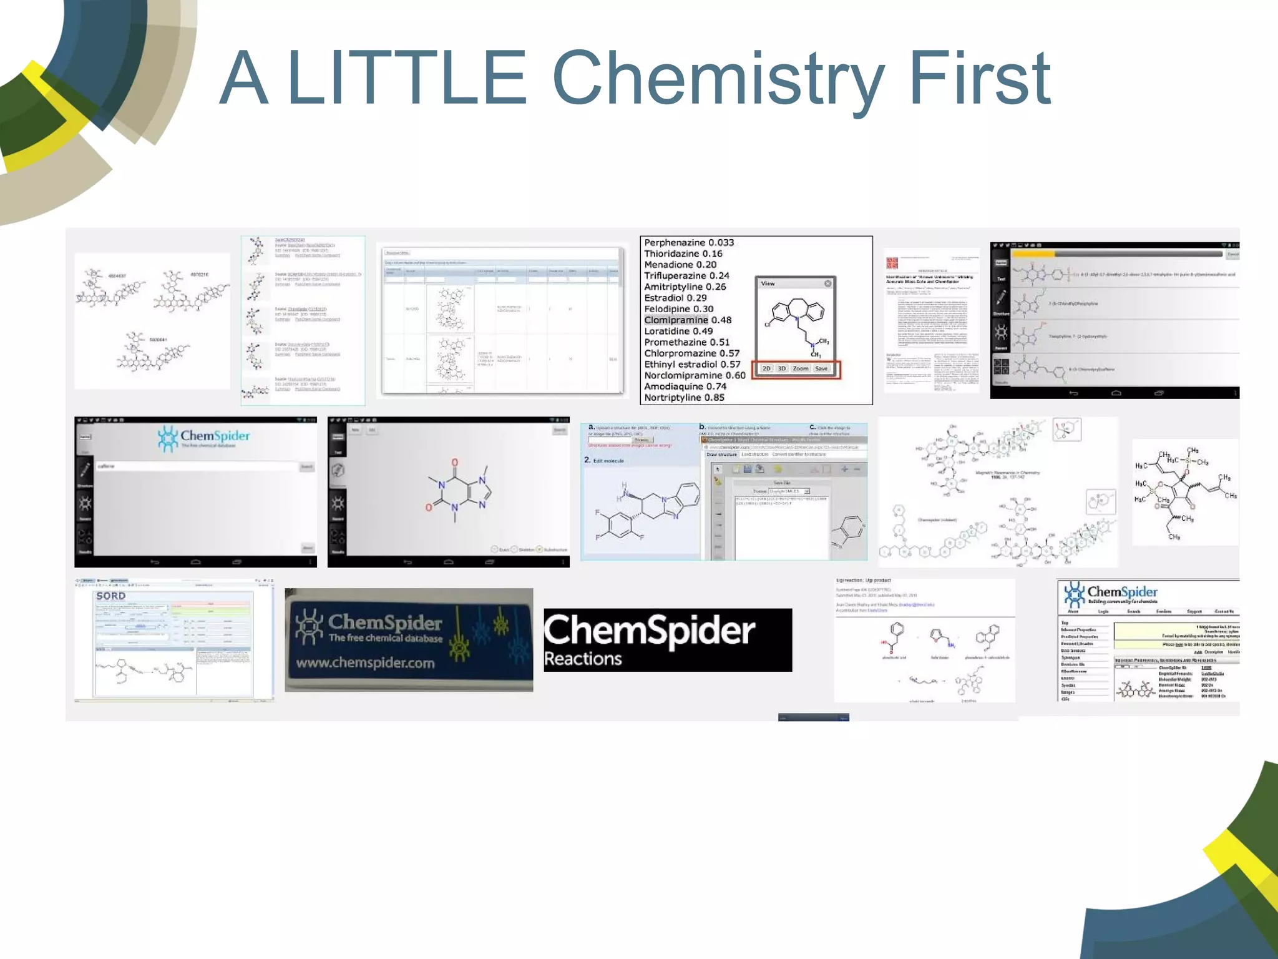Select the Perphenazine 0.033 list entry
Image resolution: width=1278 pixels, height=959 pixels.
pyautogui.click(x=689, y=243)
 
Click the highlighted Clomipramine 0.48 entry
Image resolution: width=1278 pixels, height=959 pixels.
pyautogui.click(x=688, y=320)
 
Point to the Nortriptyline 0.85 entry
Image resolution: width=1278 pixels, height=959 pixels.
pyautogui.click(x=684, y=398)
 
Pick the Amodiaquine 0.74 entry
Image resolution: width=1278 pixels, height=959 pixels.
pyautogui.click(x=685, y=386)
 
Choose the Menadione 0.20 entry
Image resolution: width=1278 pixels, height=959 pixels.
pyautogui.click(x=680, y=265)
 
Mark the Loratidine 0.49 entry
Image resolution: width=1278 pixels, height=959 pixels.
pyautogui.click(x=678, y=332)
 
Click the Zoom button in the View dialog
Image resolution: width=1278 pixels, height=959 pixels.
pyautogui.click(x=800, y=369)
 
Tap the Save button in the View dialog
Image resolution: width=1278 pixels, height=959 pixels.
pyautogui.click(x=821, y=369)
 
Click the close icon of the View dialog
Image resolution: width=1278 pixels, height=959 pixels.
pyautogui.click(x=828, y=283)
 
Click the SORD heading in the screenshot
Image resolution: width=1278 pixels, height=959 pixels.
pyautogui.click(x=111, y=596)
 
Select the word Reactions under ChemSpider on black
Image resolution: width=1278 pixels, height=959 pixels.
pyautogui.click(x=583, y=659)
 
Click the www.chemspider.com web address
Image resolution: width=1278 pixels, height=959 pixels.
pyautogui.click(x=365, y=663)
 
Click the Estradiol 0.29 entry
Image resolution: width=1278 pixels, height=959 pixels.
pyautogui.click(x=675, y=298)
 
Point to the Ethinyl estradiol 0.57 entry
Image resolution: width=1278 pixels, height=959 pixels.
pyautogui.click(x=692, y=365)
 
